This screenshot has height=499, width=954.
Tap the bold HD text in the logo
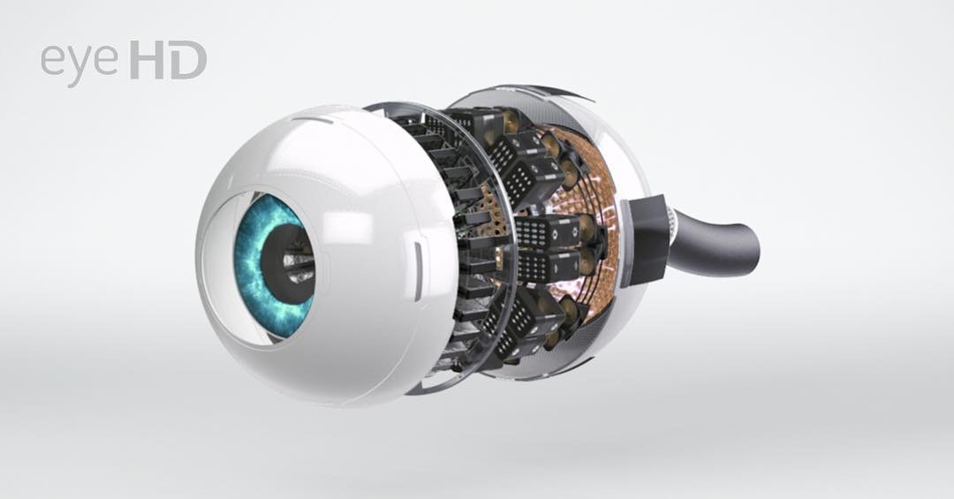168,59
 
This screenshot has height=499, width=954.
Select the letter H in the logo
147,59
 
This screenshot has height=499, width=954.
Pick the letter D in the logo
188,59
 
